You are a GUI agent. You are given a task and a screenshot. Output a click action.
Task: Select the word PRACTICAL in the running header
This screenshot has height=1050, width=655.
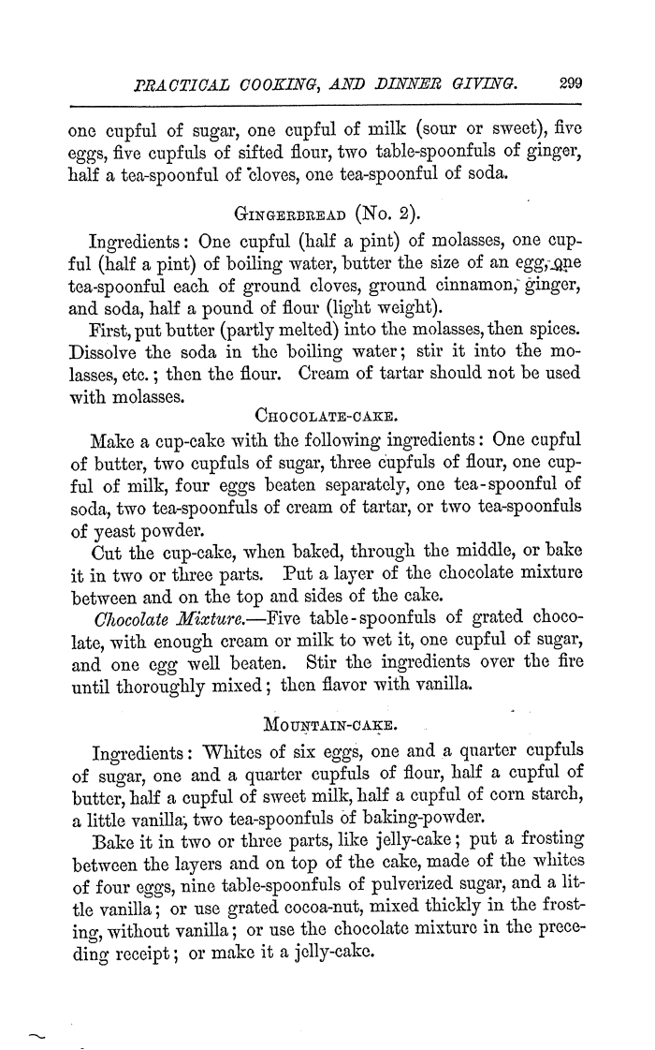pyautogui.click(x=179, y=82)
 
